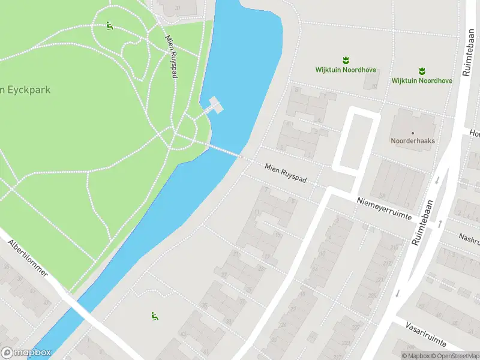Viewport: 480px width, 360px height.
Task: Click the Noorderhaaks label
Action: tap(413, 141)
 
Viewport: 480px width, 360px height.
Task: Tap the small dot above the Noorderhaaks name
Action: tap(413, 133)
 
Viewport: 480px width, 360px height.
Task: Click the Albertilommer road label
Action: tap(28, 259)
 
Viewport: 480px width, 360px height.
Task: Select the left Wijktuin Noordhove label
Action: tap(346, 70)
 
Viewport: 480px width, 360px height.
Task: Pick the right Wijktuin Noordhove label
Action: tap(422, 80)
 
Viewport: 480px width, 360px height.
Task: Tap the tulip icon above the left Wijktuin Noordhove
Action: tap(346, 60)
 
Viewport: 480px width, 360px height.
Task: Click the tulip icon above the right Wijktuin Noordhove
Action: tap(422, 70)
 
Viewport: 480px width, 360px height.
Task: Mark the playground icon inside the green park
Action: tap(109, 26)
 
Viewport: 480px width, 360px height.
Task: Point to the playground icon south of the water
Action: tap(154, 316)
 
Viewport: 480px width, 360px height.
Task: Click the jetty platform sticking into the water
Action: tap(214, 106)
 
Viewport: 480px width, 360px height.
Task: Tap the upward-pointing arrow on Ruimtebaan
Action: tap(440, 223)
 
